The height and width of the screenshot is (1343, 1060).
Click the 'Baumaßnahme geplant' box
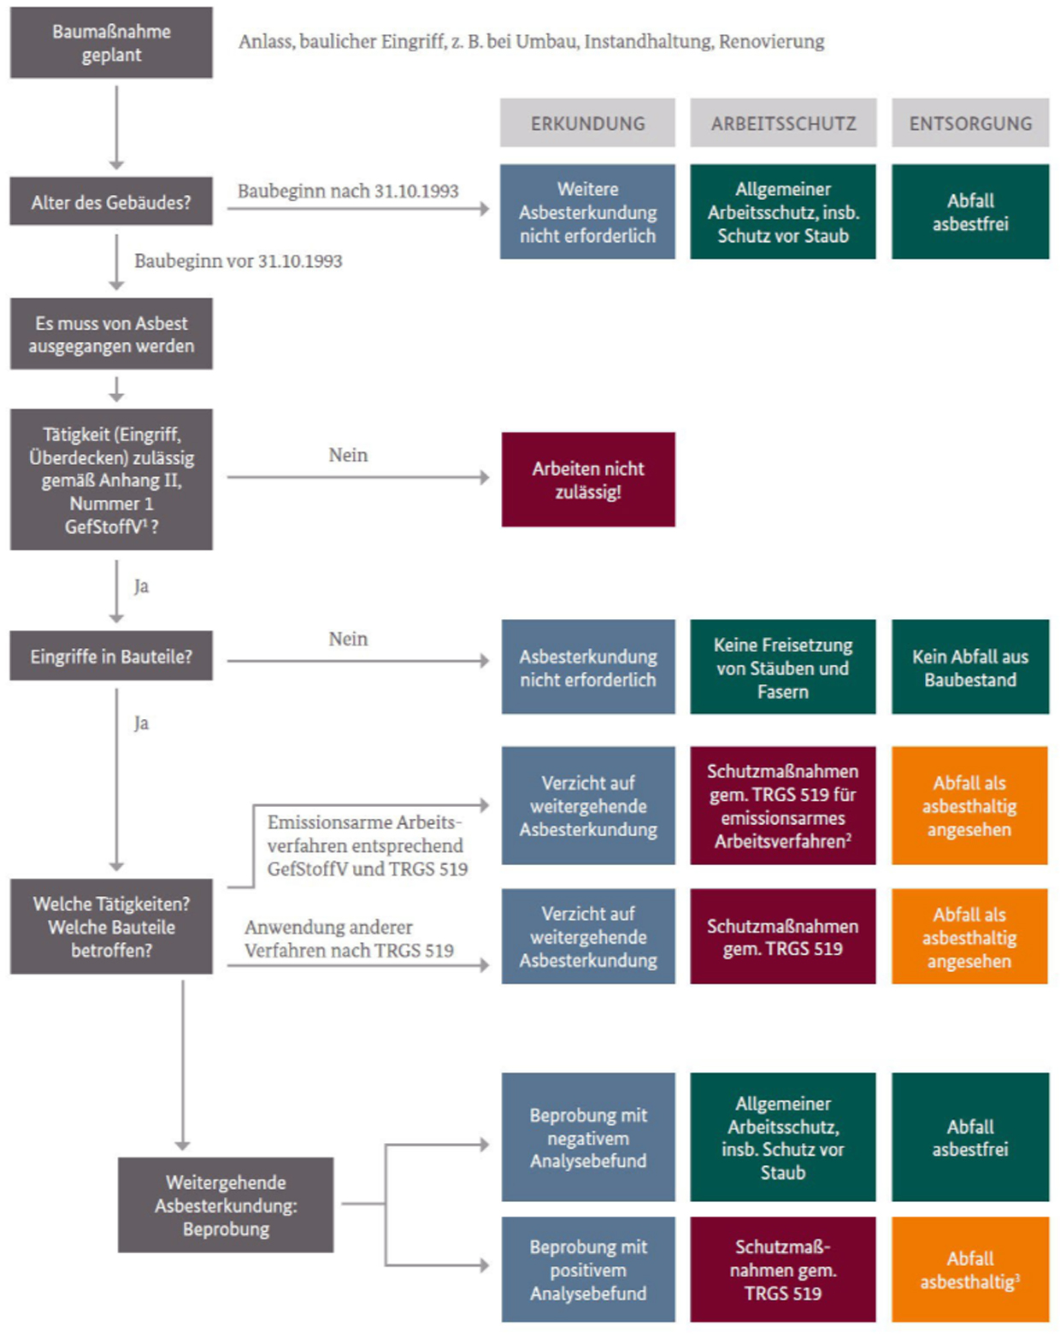tap(111, 43)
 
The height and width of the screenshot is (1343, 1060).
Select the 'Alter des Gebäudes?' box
tap(111, 201)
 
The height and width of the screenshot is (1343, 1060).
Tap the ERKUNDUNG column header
tap(587, 123)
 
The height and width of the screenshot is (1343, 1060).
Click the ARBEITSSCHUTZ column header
tap(783, 123)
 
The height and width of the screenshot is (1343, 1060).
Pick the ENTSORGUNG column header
tap(970, 123)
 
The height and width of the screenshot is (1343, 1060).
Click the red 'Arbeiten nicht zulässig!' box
tap(588, 480)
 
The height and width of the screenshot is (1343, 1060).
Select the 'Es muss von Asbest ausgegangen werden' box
tap(111, 334)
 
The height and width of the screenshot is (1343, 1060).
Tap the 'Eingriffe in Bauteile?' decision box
tap(111, 656)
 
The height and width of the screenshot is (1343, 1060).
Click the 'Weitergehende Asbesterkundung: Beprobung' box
tap(226, 1205)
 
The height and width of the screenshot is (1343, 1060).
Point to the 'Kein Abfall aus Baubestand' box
tap(970, 667)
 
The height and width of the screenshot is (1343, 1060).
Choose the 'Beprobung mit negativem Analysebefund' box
tap(588, 1137)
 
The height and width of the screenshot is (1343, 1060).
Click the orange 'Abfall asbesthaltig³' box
tap(970, 1269)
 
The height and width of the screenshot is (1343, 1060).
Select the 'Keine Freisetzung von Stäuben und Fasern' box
tap(783, 667)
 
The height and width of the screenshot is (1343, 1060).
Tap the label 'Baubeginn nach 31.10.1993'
tap(348, 191)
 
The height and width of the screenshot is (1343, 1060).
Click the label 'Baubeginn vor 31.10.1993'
tap(238, 261)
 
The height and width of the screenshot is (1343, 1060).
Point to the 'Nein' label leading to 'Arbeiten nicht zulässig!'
tap(348, 455)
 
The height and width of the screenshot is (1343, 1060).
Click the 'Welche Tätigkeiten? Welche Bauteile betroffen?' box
tap(111, 927)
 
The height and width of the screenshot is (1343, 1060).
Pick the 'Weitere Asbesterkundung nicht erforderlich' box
tap(587, 211)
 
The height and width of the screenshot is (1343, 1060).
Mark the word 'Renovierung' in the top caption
tap(772, 42)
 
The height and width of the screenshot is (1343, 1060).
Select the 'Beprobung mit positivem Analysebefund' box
tap(588, 1269)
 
